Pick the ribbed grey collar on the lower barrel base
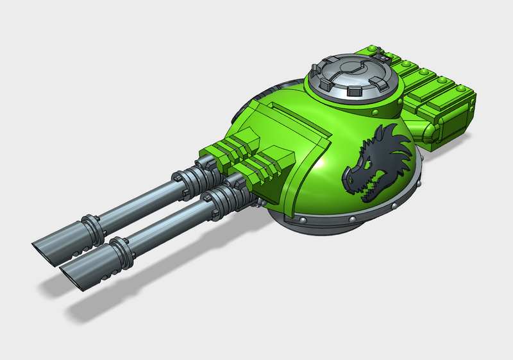(221, 193)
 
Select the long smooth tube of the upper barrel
(138, 199)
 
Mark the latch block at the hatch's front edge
(351, 91)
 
